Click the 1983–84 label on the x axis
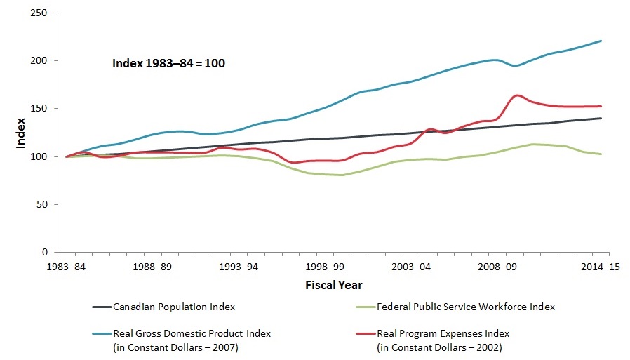click(67, 267)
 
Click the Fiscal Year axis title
click(334, 286)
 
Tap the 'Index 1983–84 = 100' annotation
click(168, 63)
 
